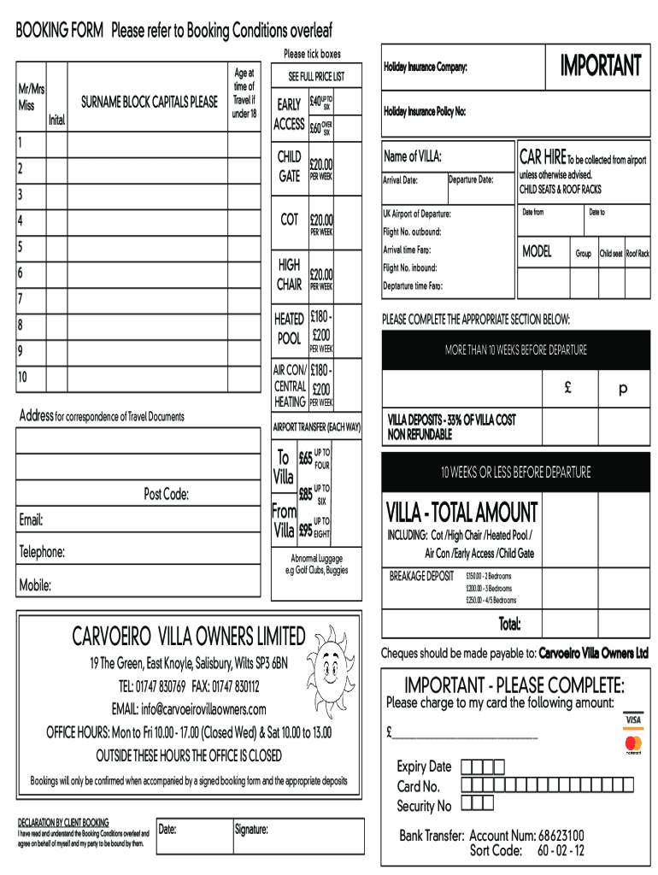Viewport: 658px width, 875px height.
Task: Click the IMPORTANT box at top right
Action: click(x=599, y=66)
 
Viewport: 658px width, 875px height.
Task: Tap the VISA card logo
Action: click(x=632, y=720)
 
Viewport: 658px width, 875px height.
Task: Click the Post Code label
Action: click(x=166, y=495)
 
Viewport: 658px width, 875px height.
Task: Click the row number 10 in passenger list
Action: click(x=23, y=377)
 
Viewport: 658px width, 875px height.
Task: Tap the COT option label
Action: click(x=289, y=220)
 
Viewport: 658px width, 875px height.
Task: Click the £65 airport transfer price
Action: click(x=305, y=459)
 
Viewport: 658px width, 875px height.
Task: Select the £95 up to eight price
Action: click(x=305, y=530)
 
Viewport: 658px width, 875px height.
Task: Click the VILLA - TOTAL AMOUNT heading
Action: click(x=462, y=513)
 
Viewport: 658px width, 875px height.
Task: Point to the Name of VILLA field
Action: click(x=413, y=156)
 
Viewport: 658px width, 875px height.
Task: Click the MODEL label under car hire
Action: click(x=537, y=252)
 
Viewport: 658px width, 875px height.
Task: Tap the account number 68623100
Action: click(x=561, y=835)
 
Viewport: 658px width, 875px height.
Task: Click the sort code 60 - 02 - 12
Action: click(x=561, y=850)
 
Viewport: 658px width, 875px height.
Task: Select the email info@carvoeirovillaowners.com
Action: click(x=189, y=709)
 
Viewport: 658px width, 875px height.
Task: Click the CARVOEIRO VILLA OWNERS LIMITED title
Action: click(x=188, y=637)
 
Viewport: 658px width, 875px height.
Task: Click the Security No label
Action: click(x=423, y=806)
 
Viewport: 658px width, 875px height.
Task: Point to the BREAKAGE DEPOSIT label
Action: click(x=421, y=576)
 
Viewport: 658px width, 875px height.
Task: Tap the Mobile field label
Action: click(x=35, y=586)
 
